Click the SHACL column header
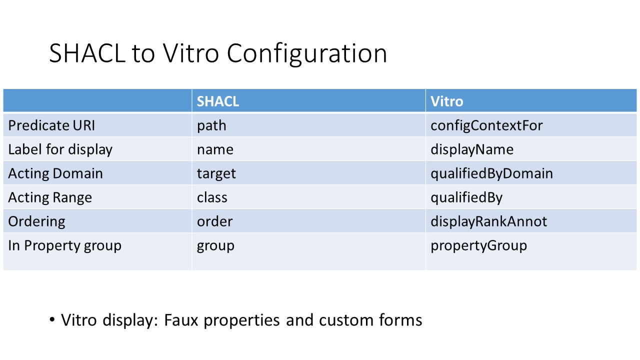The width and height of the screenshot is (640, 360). [x=217, y=101]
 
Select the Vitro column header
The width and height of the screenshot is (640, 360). [x=446, y=101]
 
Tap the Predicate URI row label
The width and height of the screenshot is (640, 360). [x=51, y=125]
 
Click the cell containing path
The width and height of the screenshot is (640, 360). [x=211, y=126]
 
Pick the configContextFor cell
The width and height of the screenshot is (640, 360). [x=486, y=126]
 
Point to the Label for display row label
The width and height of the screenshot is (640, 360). [x=60, y=150]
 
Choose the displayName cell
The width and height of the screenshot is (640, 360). [x=472, y=149]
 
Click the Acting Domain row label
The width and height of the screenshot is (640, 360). [x=55, y=173]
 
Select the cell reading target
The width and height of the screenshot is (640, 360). [x=216, y=174]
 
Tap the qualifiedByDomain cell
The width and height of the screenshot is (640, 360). [x=491, y=173]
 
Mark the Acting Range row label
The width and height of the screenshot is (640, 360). [x=50, y=197]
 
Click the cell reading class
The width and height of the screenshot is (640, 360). [x=212, y=197]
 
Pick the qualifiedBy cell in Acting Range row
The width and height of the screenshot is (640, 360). [x=466, y=197]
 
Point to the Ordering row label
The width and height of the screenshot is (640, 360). [x=36, y=221]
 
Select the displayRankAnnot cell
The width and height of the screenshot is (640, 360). [x=489, y=221]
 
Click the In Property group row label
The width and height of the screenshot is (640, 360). [x=65, y=245]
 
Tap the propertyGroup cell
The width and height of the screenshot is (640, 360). [x=479, y=245]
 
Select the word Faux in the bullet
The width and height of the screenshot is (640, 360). [x=181, y=320]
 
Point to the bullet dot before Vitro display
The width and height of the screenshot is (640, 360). [x=52, y=319]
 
